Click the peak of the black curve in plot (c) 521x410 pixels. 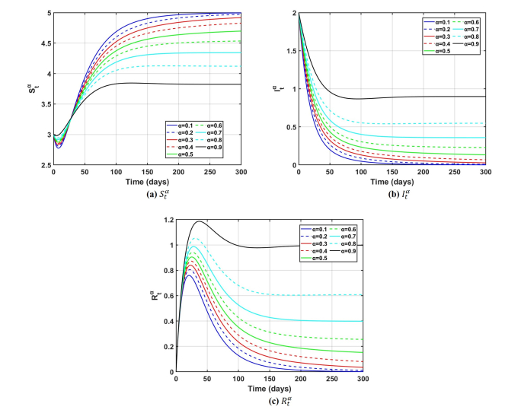[200, 222]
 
